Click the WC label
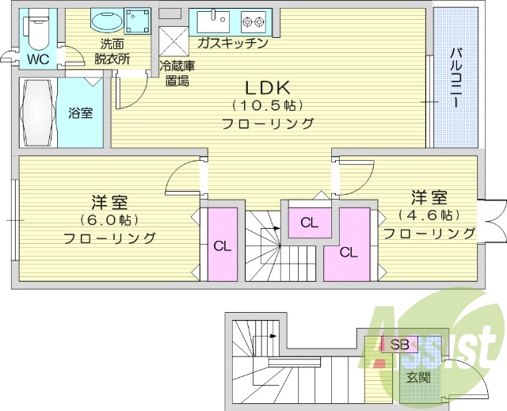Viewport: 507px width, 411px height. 38,59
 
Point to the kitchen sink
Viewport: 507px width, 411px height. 213,21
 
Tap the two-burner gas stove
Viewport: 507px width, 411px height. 253,21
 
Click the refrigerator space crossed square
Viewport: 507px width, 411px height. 173,42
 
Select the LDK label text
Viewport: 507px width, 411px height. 267,88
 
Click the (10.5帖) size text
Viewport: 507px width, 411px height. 267,105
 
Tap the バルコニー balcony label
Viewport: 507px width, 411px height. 456,78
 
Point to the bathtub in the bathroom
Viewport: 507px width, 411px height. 38,112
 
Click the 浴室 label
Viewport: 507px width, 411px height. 81,112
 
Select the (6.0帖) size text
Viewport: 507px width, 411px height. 109,220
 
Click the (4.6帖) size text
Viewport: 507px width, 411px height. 429,215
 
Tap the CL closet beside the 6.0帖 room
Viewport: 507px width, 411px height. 223,245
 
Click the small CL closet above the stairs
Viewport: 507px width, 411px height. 310,223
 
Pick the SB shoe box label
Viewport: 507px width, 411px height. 399,344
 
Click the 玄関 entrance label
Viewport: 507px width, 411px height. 418,377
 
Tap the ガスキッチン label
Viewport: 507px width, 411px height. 232,43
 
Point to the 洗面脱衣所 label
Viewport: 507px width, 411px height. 112,51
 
